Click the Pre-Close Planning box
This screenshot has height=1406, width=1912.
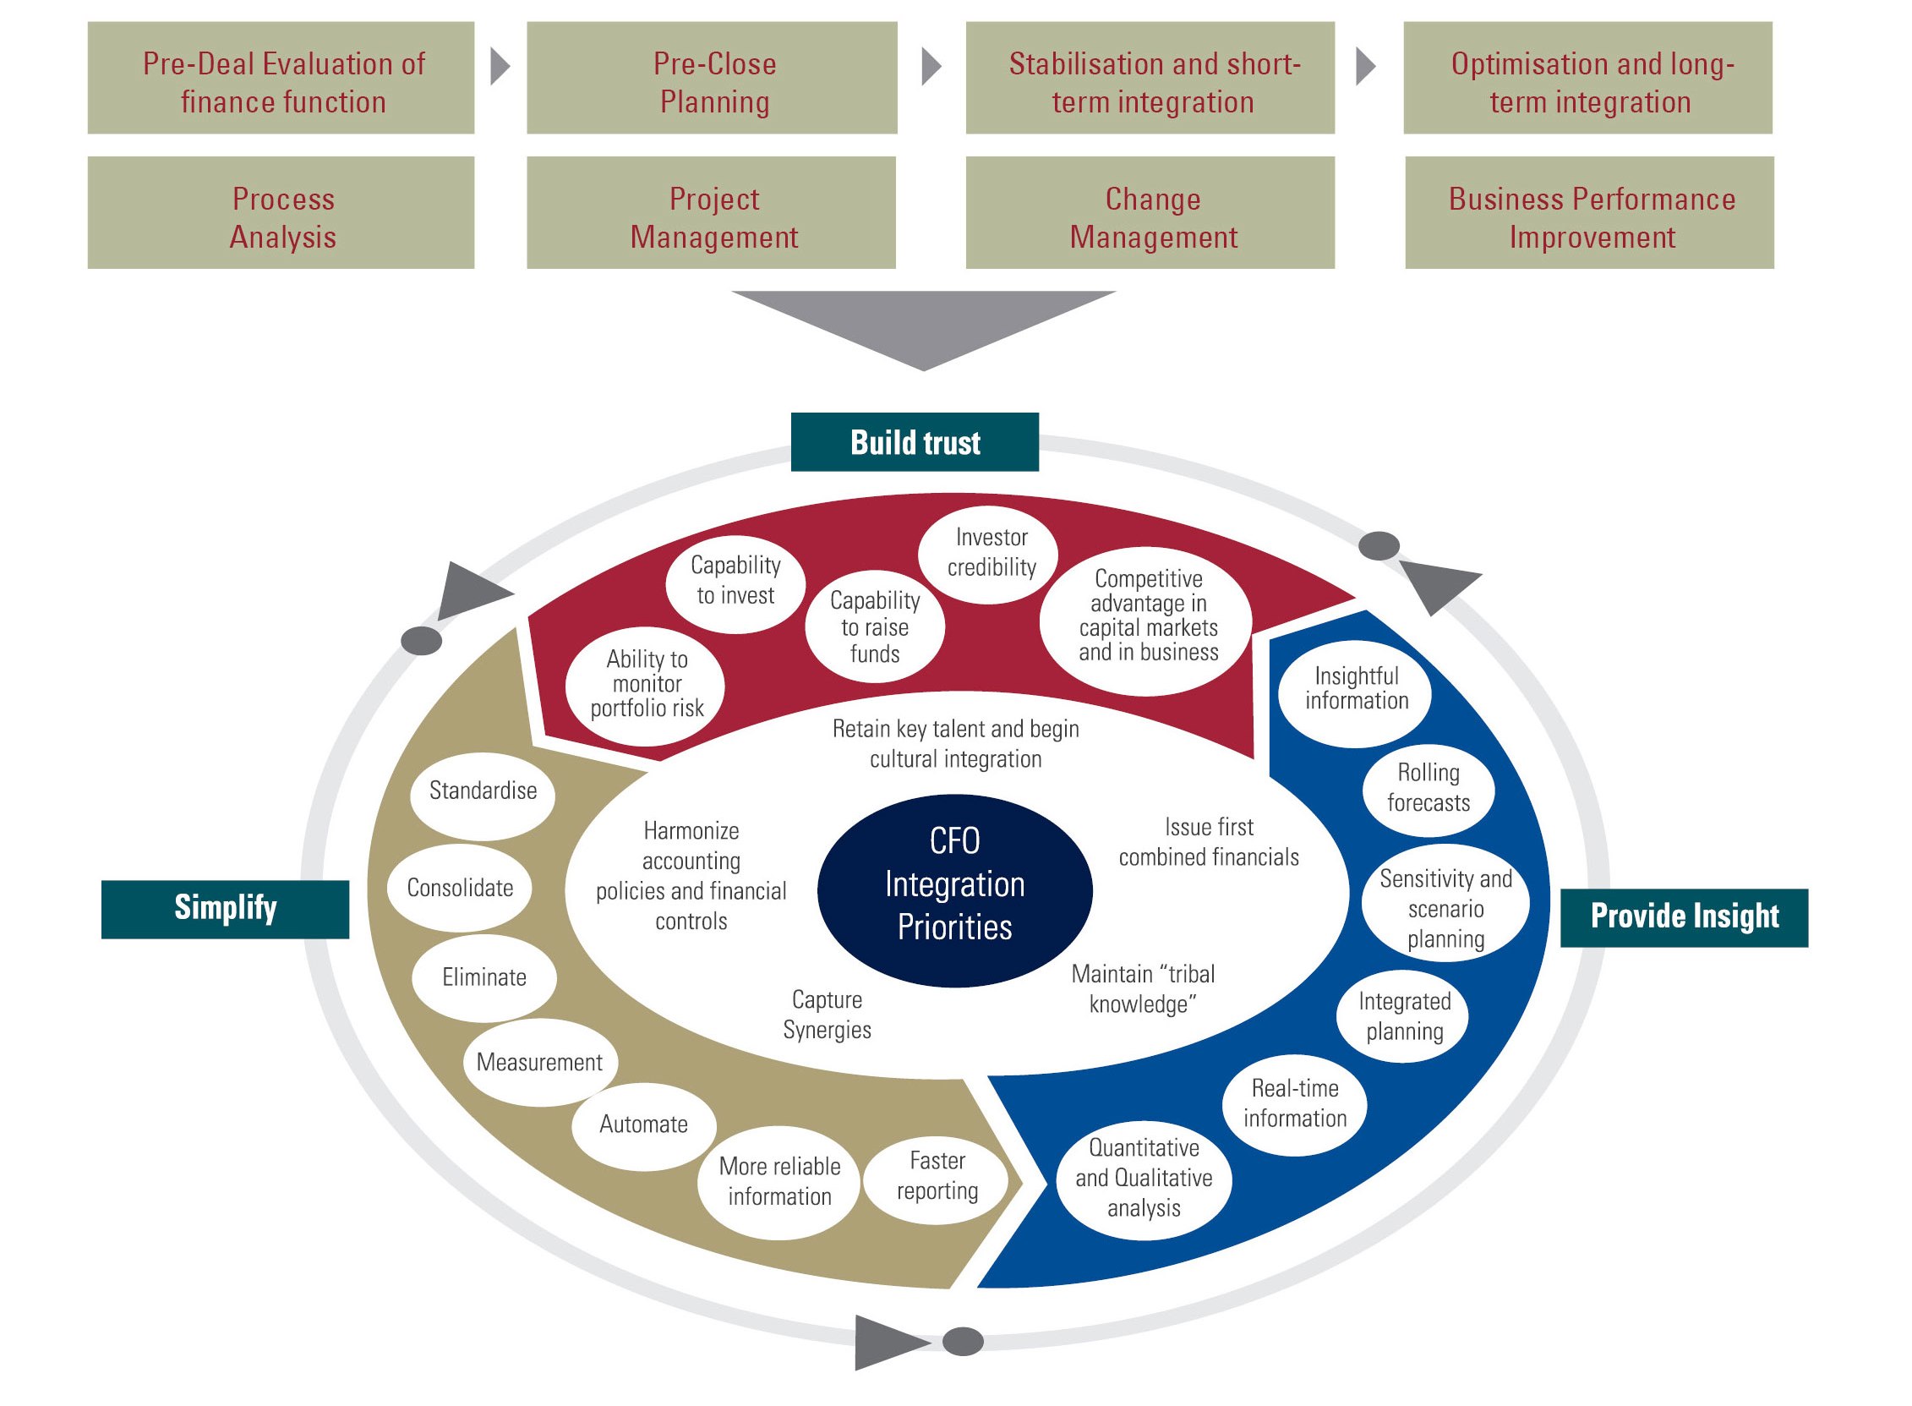click(x=712, y=79)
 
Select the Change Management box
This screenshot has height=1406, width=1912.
click(x=1150, y=213)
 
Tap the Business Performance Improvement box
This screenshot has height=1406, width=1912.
click(x=1588, y=213)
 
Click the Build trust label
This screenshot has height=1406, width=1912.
click(x=914, y=442)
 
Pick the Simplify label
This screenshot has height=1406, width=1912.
click(x=225, y=908)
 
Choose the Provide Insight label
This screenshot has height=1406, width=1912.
click(x=1683, y=916)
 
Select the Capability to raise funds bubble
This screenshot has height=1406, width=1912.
click(x=874, y=627)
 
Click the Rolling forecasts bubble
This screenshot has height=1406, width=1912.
click(x=1427, y=787)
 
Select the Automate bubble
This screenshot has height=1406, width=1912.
click(x=642, y=1124)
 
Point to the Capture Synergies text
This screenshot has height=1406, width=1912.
click(x=826, y=1015)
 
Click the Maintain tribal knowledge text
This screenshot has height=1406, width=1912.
click(x=1142, y=989)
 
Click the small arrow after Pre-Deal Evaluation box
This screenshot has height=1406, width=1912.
click(x=500, y=67)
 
